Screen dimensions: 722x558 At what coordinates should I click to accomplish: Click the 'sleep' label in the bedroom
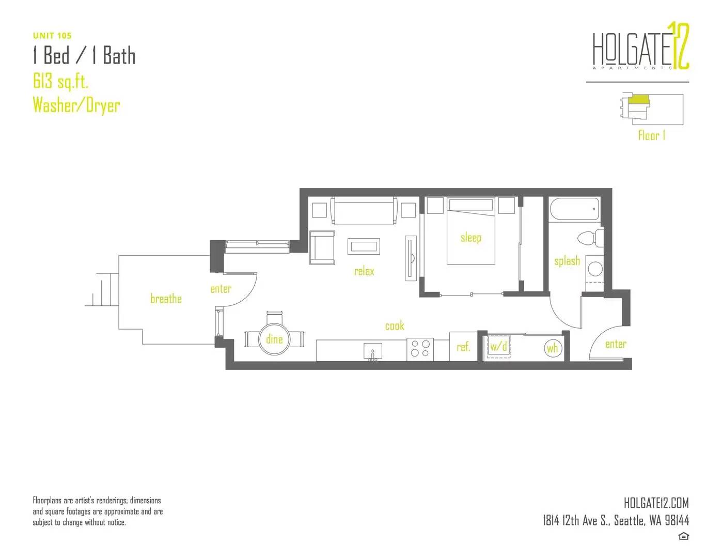471,238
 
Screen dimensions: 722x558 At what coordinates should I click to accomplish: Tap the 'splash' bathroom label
567,261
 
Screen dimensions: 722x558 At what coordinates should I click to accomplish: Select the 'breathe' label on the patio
166,299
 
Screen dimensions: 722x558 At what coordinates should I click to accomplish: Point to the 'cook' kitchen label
395,326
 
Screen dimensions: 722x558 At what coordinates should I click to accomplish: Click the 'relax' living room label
364,271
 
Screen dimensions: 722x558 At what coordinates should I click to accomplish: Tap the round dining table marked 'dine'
274,339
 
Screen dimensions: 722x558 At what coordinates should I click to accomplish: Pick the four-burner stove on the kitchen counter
420,349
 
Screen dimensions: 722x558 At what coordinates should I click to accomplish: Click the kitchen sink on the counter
372,351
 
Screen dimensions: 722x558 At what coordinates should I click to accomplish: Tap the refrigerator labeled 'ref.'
463,346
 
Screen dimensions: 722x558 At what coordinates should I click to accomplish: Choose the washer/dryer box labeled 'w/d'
499,347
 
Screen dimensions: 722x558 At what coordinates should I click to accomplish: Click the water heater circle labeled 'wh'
553,348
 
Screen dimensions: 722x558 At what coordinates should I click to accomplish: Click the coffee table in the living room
364,246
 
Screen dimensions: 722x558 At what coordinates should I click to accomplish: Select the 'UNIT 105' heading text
52,36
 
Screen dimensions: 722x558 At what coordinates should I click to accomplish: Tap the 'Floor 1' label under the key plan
652,135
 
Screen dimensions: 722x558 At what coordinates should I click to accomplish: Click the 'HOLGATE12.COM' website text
656,503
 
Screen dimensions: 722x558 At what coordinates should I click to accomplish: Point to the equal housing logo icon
683,536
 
